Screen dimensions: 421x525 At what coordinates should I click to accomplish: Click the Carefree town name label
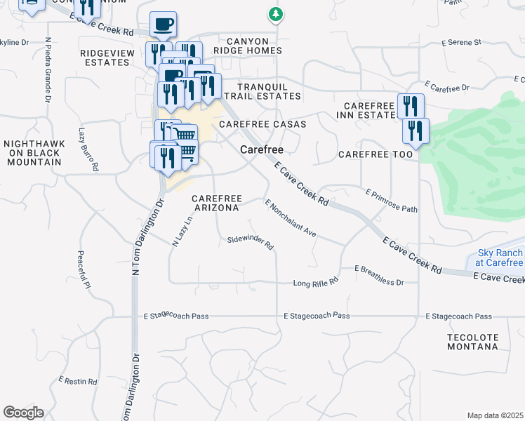pos(261,149)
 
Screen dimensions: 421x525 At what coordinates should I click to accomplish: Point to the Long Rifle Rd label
pos(316,283)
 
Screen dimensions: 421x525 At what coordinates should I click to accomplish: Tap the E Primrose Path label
pos(391,200)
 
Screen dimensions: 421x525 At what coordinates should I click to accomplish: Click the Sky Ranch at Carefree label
pos(500,258)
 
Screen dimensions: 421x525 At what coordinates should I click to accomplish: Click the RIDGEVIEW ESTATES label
pos(105,58)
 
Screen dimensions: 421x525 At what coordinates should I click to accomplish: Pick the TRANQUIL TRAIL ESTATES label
pos(260,91)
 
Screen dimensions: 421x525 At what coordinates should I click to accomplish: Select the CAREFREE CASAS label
pos(262,124)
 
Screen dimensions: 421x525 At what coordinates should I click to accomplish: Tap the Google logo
pos(23,413)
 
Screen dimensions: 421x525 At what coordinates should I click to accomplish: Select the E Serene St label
pos(461,42)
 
